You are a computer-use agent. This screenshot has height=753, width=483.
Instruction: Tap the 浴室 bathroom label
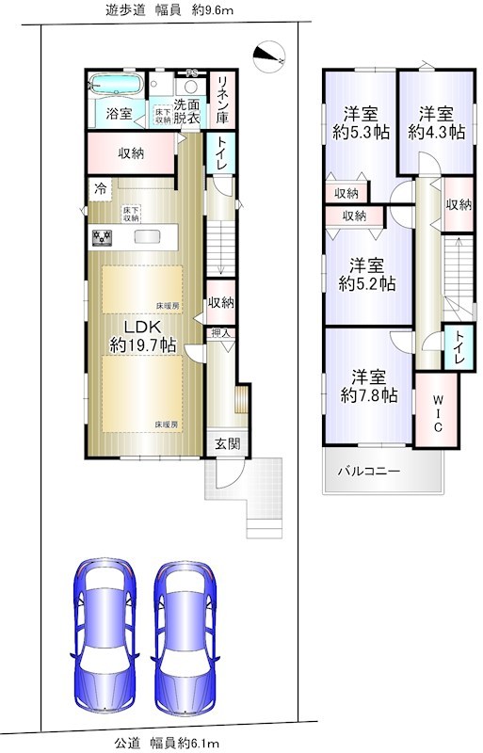pyautogui.click(x=119, y=114)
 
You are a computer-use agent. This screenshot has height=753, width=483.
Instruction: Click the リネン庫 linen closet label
pyautogui.click(x=223, y=100)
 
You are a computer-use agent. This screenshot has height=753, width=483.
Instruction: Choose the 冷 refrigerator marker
pyautogui.click(x=100, y=188)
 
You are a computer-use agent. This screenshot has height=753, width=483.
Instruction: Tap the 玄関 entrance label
pyautogui.click(x=221, y=443)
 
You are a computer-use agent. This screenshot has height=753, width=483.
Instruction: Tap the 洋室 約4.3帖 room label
pyautogui.click(x=436, y=123)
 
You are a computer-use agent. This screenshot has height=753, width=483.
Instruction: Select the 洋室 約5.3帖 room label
pyautogui.click(x=359, y=123)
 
